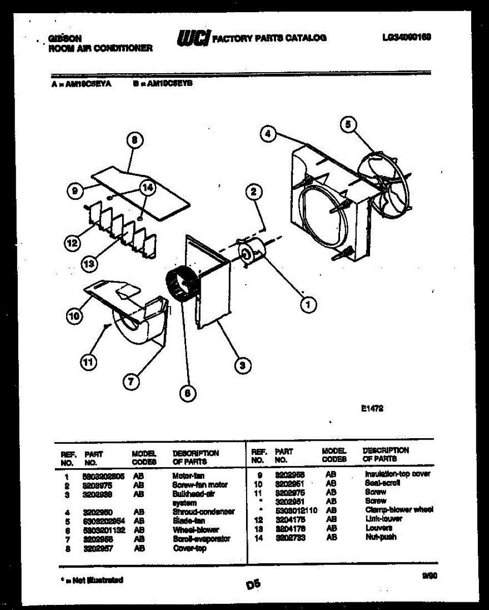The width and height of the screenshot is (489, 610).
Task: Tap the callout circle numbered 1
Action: click(308, 304)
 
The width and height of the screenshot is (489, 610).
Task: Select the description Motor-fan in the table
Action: click(189, 476)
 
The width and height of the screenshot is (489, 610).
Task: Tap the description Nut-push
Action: click(381, 537)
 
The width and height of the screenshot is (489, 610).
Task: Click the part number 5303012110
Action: click(296, 510)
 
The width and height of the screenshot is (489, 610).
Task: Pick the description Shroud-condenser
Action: click(203, 512)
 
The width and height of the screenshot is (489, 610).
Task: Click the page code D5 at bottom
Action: click(253, 585)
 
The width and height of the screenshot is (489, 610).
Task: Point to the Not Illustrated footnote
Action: click(91, 580)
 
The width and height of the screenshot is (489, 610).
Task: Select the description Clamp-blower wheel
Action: click(399, 510)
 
